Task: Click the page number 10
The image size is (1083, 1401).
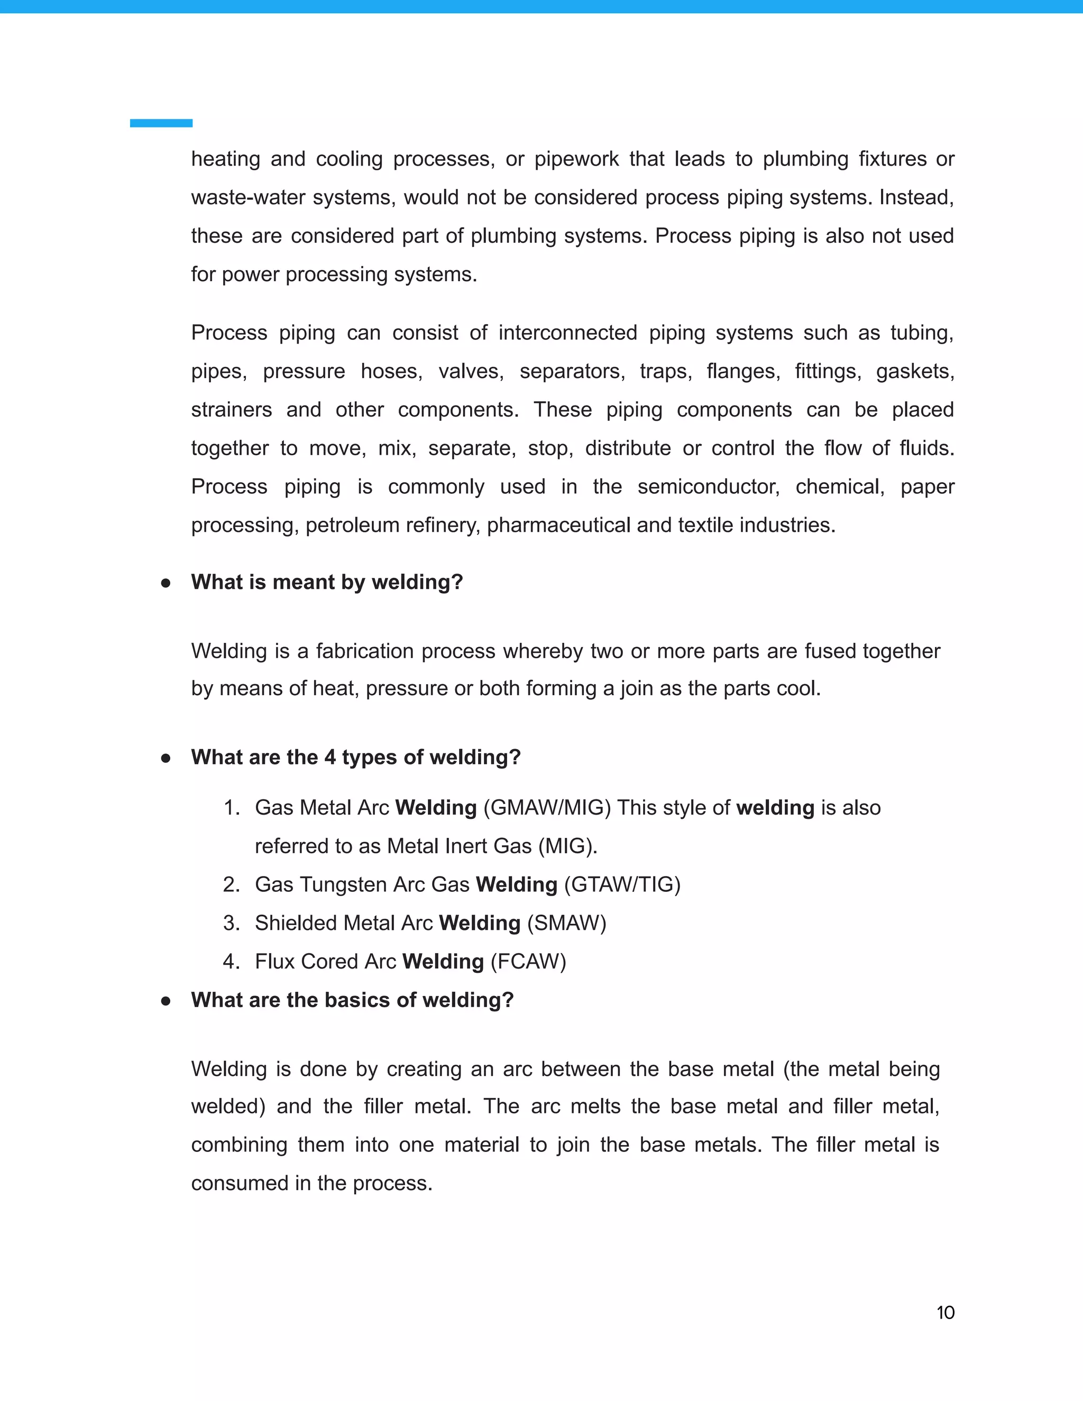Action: point(945,1313)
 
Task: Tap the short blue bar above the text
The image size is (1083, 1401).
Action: point(161,123)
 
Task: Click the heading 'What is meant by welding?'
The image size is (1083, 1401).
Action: point(327,582)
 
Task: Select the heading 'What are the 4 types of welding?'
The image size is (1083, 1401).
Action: point(355,757)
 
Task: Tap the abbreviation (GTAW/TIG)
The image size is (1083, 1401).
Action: point(622,884)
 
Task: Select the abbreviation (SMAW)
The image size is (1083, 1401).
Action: point(566,923)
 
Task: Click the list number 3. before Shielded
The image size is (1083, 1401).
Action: point(231,923)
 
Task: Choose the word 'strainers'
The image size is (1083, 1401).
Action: point(232,410)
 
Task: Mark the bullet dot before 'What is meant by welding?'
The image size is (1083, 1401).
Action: point(166,583)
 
